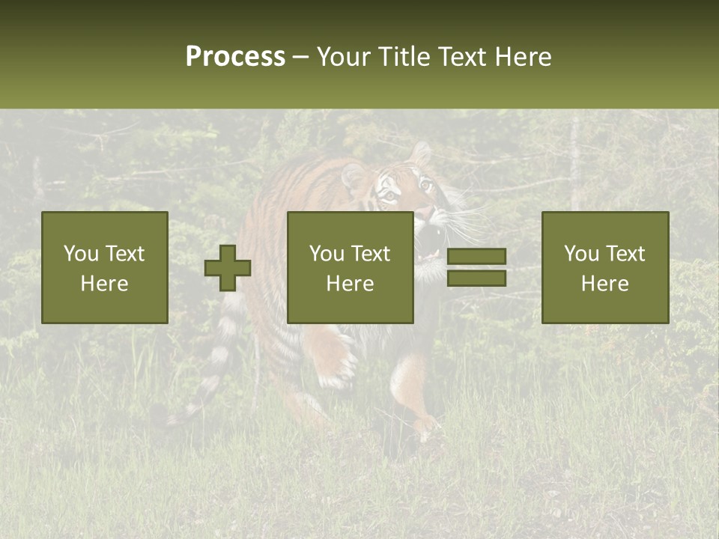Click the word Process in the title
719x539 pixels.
235,57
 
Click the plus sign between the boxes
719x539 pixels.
228,268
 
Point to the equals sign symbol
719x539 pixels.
476,267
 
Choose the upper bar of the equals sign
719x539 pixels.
476,257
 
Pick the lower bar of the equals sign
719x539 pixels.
476,278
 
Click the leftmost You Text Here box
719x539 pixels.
105,267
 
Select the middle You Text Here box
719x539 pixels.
351,267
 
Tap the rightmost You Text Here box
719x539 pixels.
605,267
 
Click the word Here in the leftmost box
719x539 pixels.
105,284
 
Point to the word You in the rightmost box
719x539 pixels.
581,254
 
